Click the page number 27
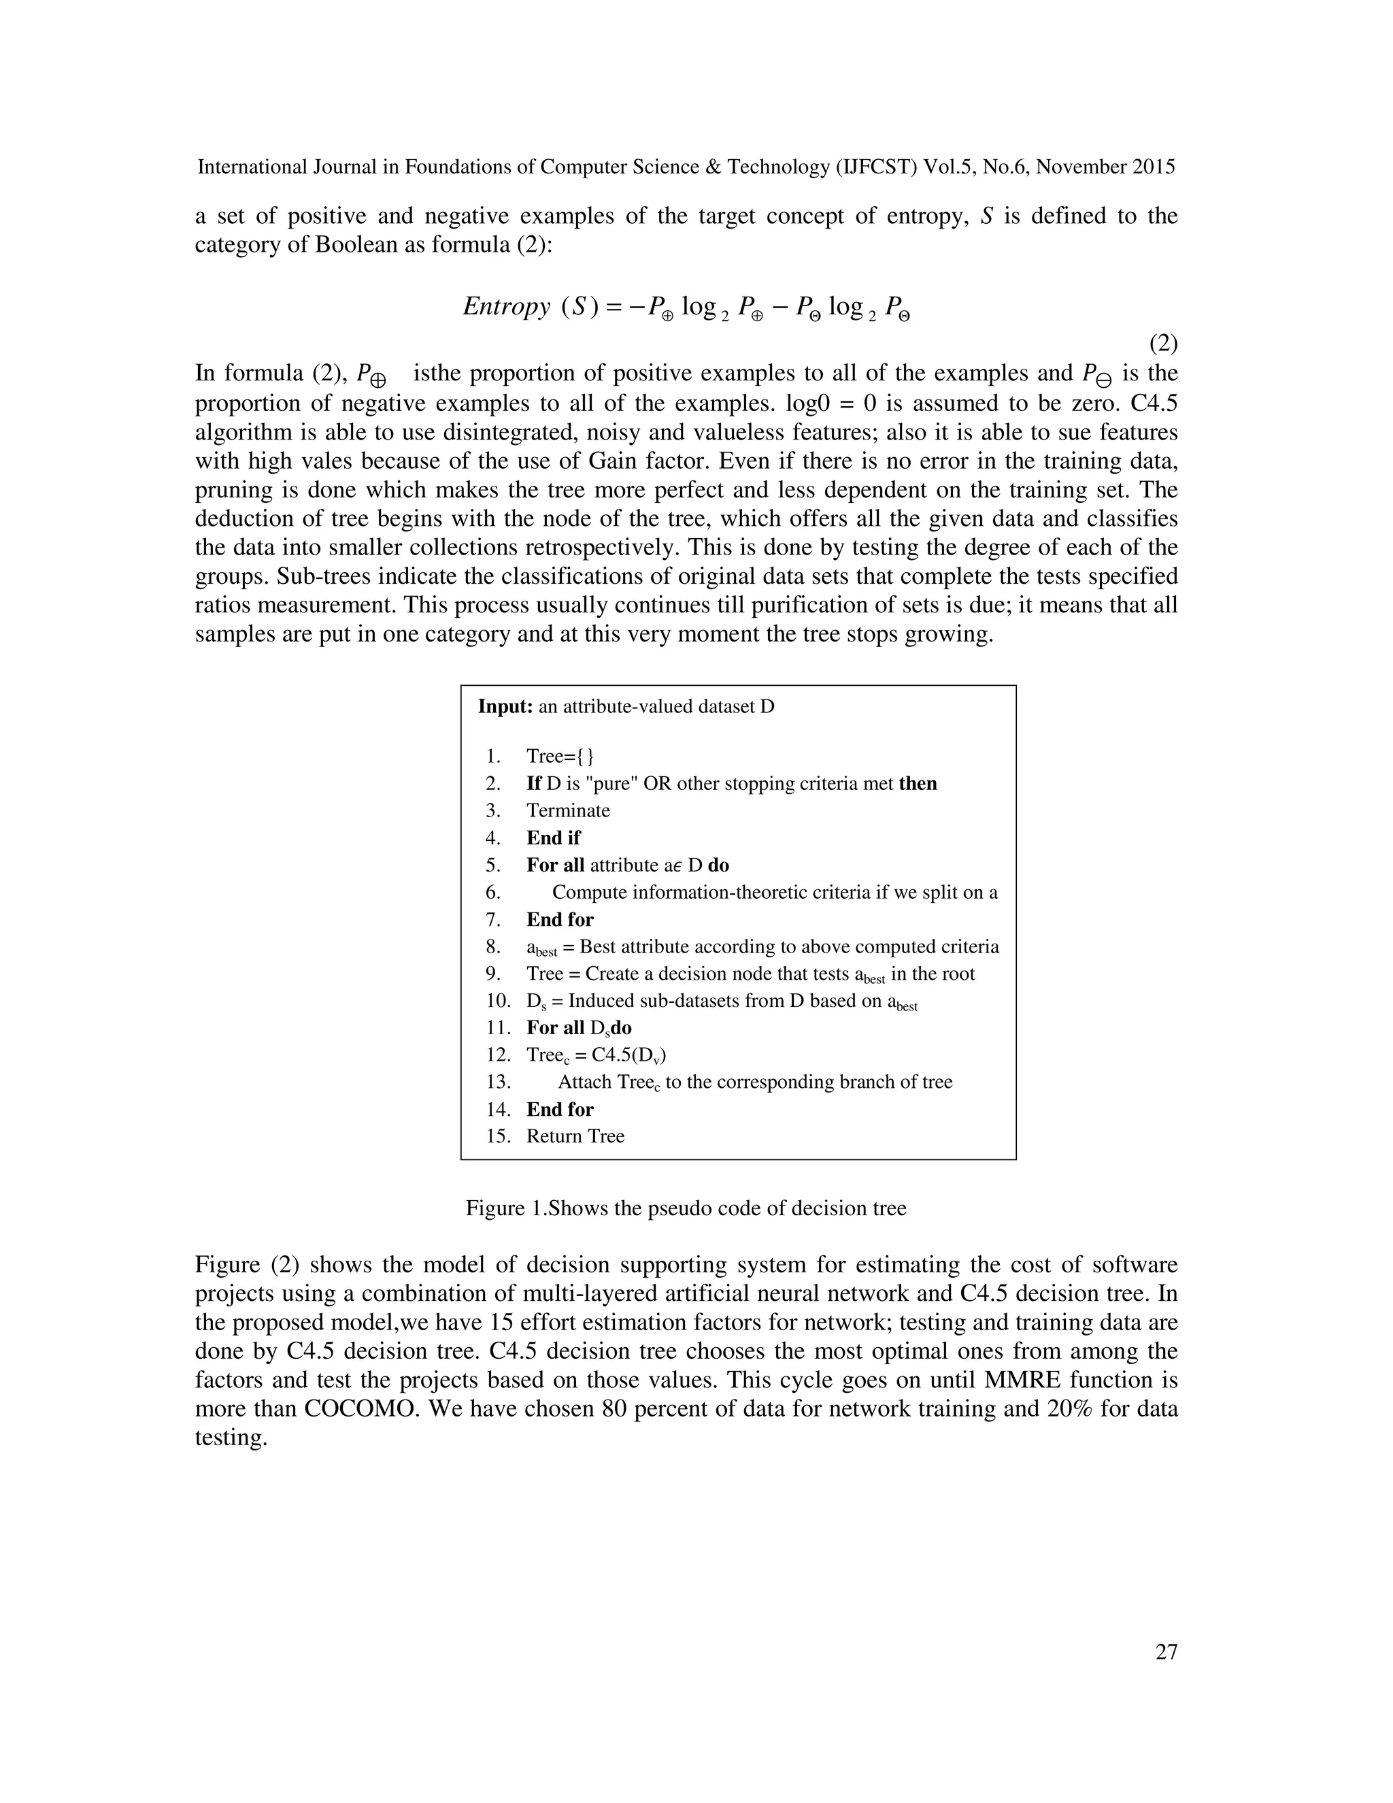click(x=1166, y=1652)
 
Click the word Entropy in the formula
click(x=506, y=306)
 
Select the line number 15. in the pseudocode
click(x=499, y=1136)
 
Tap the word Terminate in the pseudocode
click(x=569, y=811)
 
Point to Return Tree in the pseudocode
click(x=575, y=1136)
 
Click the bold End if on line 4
click(x=554, y=838)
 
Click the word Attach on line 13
click(x=584, y=1082)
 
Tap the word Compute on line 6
click(x=588, y=893)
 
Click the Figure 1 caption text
click(x=686, y=1208)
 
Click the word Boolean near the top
click(x=356, y=246)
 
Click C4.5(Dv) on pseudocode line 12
click(x=629, y=1055)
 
